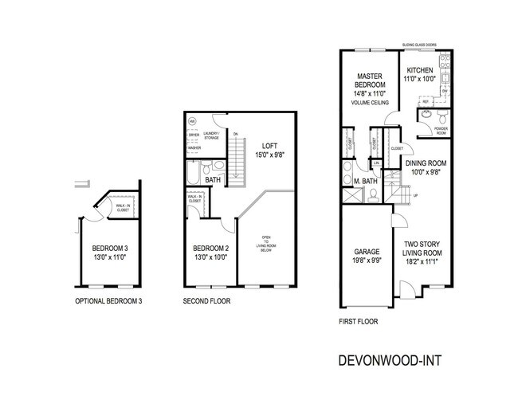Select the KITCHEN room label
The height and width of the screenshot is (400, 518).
pos(419,70)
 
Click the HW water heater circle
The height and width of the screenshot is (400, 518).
pos(191,121)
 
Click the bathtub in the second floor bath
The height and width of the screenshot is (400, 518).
pos(192,171)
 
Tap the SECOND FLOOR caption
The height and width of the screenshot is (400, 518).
pos(206,301)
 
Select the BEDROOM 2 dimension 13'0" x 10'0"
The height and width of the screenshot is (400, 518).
pos(210,257)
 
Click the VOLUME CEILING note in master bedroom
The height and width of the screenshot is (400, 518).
pos(371,102)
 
